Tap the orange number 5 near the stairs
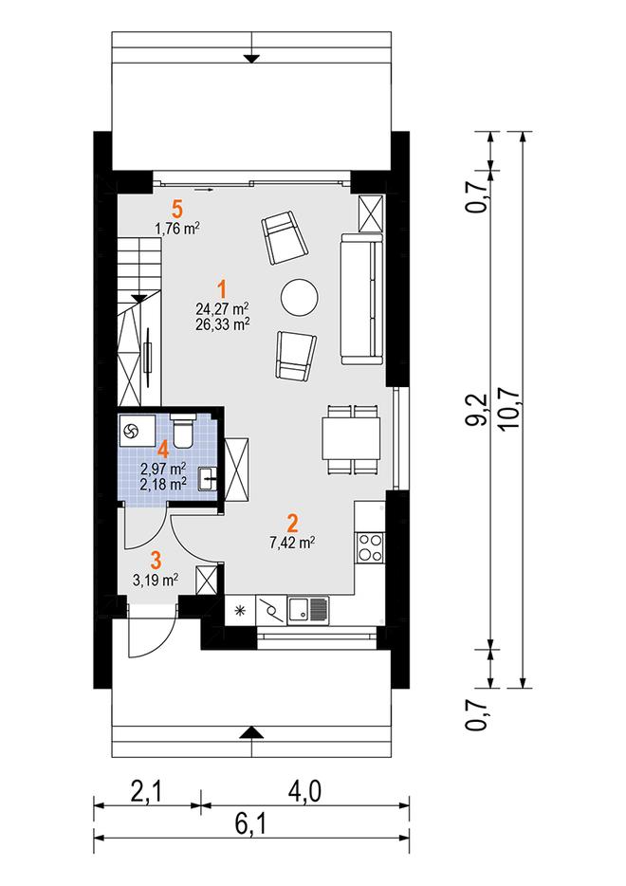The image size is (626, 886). click(177, 210)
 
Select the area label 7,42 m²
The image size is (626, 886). click(292, 543)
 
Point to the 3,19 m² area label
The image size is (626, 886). click(156, 580)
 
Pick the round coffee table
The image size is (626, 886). click(300, 298)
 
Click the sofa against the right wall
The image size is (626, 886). click(361, 299)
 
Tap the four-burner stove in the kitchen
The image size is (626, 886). click(370, 547)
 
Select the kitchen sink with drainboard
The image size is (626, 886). click(308, 610)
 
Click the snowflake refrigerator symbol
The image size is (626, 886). click(240, 610)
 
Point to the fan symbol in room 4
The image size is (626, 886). click(131, 432)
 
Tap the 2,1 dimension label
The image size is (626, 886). click(146, 792)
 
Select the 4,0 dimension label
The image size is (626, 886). click(305, 792)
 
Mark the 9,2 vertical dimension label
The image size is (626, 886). click(478, 410)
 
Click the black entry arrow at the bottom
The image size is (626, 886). click(251, 733)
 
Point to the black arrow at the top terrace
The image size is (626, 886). click(251, 58)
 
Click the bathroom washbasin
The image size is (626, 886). click(208, 479)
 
